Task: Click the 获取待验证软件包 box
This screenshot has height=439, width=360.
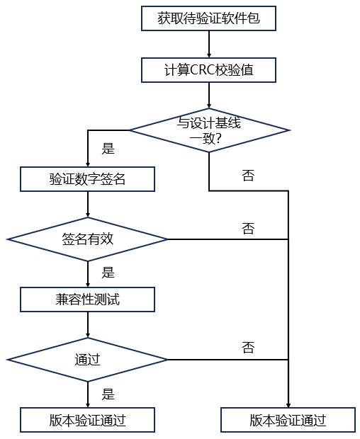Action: (208, 18)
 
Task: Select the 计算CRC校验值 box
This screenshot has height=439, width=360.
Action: (208, 70)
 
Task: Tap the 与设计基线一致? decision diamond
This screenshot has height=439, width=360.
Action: (209, 130)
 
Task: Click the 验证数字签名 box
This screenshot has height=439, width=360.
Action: (87, 179)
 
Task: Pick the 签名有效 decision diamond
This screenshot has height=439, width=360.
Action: (87, 239)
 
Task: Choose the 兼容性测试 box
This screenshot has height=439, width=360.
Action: (87, 300)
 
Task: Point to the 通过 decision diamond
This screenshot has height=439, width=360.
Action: (87, 360)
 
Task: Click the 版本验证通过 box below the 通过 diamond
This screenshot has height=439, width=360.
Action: (87, 420)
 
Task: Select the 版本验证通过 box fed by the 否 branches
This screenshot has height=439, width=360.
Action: (288, 420)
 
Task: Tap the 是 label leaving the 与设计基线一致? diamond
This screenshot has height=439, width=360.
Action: (108, 149)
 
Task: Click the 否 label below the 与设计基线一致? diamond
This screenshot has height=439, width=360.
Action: (248, 176)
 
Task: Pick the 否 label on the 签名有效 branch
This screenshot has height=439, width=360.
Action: (248, 229)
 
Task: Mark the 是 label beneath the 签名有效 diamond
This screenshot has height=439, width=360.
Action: (108, 273)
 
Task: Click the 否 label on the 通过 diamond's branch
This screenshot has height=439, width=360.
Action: (248, 348)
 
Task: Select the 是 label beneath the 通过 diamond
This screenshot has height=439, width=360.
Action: (108, 394)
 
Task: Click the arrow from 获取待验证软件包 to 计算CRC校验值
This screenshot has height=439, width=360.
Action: (209, 44)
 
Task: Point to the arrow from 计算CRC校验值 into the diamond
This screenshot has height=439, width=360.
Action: (209, 96)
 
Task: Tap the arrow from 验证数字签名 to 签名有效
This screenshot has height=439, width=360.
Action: (88, 205)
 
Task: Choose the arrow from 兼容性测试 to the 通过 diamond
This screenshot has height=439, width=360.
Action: (88, 325)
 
